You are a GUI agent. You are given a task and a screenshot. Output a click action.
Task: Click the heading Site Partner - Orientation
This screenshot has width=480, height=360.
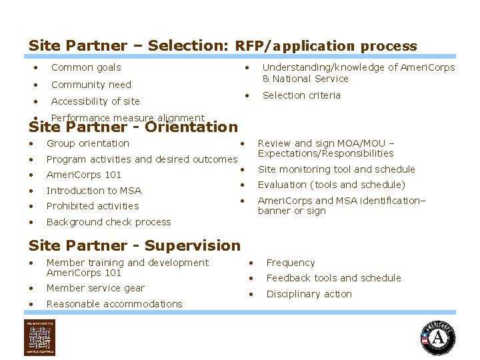(x=133, y=127)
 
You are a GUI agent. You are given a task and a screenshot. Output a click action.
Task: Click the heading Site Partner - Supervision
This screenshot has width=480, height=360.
(x=134, y=245)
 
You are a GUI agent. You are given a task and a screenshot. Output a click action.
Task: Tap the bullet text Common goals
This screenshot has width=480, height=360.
(x=86, y=67)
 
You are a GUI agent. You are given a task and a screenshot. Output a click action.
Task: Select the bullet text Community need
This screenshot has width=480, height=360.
(x=91, y=85)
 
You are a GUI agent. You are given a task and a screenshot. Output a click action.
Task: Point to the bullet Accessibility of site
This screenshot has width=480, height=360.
(x=95, y=101)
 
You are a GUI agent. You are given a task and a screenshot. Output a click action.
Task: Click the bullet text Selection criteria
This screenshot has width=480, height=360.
(x=301, y=95)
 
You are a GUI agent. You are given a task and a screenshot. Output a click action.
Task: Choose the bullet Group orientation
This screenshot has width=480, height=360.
(x=87, y=143)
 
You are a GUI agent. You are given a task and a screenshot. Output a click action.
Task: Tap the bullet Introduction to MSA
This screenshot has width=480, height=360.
(x=93, y=191)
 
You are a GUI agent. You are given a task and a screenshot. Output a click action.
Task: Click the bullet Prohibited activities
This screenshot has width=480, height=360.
(x=93, y=206)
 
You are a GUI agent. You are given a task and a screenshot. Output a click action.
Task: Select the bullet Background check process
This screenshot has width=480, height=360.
(x=109, y=222)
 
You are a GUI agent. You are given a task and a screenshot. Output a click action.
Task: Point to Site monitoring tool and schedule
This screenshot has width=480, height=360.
(x=336, y=169)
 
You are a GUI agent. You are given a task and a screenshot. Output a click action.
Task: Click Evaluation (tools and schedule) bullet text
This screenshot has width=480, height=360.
(x=331, y=185)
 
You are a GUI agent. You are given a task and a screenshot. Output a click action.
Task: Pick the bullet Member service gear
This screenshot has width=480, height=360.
(x=95, y=288)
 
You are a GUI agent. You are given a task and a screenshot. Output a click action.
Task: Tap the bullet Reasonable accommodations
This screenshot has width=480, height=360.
(x=114, y=304)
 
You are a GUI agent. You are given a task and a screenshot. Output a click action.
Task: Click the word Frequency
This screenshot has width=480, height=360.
(x=290, y=263)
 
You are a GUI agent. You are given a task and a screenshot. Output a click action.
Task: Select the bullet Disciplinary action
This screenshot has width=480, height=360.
(x=309, y=294)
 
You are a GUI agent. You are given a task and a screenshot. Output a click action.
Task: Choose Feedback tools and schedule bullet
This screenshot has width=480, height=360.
(x=333, y=278)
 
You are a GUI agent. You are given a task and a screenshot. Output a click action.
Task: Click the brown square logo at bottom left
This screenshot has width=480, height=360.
(x=40, y=337)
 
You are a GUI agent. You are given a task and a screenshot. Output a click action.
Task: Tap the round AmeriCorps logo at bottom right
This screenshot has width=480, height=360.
(x=437, y=337)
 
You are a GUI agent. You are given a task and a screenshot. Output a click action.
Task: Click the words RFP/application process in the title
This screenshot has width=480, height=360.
(x=326, y=47)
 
